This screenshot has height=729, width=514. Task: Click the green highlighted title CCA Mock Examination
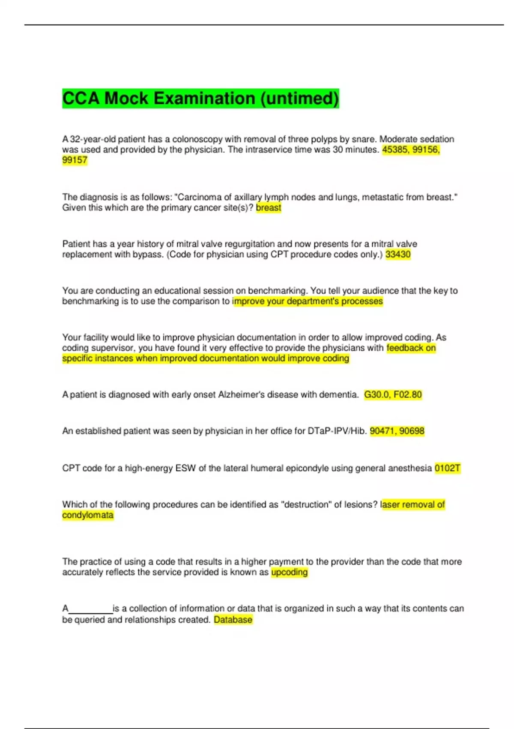[x=200, y=98]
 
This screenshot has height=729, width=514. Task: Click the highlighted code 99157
[x=75, y=160]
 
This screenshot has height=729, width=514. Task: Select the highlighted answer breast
[x=269, y=208]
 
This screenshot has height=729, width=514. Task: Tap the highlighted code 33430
[x=398, y=254]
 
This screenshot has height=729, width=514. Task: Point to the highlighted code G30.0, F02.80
[x=393, y=395]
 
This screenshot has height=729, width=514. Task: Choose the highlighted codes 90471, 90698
[x=397, y=431]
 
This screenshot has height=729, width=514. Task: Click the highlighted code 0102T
[x=447, y=468]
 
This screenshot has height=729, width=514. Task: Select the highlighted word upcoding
[x=290, y=572]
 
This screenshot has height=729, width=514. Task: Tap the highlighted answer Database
[x=233, y=620]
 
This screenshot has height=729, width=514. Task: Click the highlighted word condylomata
[x=88, y=515]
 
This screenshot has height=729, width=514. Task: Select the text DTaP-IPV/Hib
[x=337, y=431]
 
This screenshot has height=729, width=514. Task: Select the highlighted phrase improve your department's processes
[x=308, y=301]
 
